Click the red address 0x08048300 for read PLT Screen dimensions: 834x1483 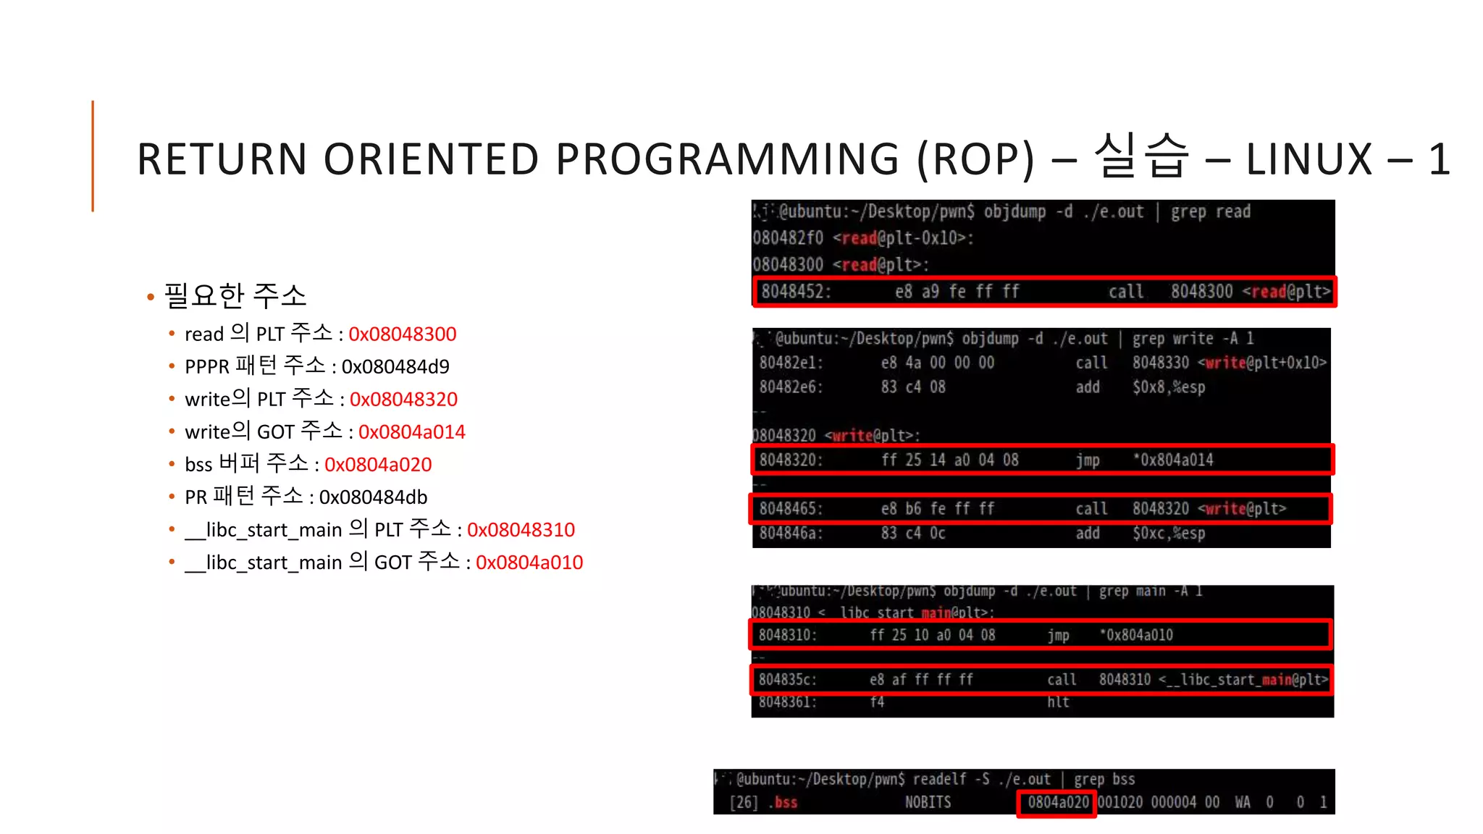403,334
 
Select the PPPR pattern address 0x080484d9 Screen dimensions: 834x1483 395,366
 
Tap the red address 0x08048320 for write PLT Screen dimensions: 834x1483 403,399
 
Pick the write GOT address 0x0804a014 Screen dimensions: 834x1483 412,431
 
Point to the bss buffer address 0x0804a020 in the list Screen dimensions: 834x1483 378,464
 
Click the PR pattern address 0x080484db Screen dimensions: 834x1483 373,497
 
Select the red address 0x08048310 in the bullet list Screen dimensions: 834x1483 521,529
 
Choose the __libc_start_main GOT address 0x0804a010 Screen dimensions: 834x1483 529,562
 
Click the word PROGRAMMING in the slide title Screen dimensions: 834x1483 727,159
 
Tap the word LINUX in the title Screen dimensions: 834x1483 1309,159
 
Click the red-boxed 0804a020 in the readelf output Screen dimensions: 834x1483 1058,802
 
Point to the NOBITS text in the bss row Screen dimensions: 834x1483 928,802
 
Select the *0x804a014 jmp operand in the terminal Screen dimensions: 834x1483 1173,460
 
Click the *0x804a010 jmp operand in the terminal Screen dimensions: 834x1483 1136,635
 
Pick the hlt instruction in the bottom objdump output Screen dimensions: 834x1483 1058,702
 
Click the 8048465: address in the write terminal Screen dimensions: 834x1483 790,509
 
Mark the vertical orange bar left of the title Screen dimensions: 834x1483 93,156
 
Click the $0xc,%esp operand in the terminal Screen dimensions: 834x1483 1169,534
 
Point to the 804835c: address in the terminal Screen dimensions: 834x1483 787,680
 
